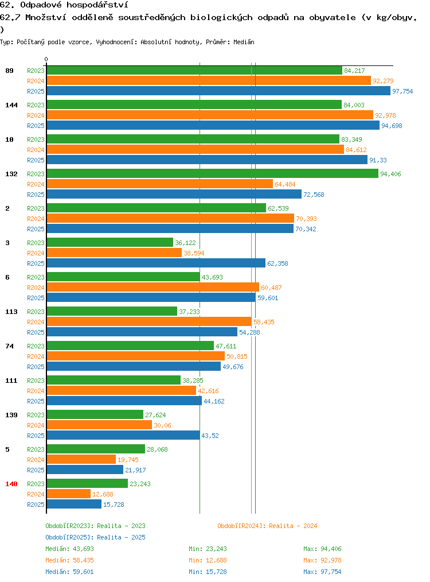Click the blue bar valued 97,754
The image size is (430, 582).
pyautogui.click(x=218, y=91)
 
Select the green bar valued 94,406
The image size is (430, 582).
pyautogui.click(x=213, y=173)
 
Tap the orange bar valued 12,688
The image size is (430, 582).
pyautogui.click(x=69, y=494)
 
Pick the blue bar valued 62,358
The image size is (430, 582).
pyautogui.click(x=157, y=263)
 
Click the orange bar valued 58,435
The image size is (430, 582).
pyautogui.click(x=150, y=321)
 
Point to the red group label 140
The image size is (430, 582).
pyautogui.click(x=11, y=484)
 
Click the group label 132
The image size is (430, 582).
pyautogui.click(x=11, y=174)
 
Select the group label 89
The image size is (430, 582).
pyautogui.click(x=9, y=71)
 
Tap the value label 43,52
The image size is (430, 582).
pyautogui.click(x=210, y=436)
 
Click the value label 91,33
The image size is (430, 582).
pyautogui.click(x=378, y=160)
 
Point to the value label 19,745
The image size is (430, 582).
pyautogui.click(x=128, y=460)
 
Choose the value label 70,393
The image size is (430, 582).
pyautogui.click(x=306, y=219)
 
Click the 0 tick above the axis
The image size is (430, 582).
pyautogui.click(x=46, y=59)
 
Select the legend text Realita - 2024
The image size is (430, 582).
pyautogui.click(x=293, y=526)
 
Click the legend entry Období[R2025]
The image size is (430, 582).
pyautogui.click(x=69, y=537)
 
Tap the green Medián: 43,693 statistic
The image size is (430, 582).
pyautogui.click(x=70, y=549)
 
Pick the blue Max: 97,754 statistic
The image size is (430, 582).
pyautogui.click(x=322, y=572)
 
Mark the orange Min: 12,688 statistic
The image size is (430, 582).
pyautogui.click(x=208, y=560)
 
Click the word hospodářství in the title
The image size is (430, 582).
pyautogui.click(x=97, y=5)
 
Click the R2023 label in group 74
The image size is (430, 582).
pyautogui.click(x=36, y=346)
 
